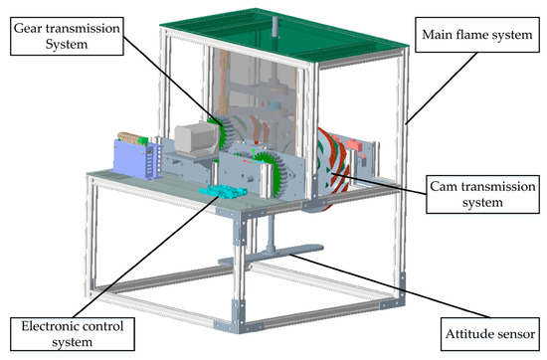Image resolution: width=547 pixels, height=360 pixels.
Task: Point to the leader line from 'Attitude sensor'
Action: point(368,289)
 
